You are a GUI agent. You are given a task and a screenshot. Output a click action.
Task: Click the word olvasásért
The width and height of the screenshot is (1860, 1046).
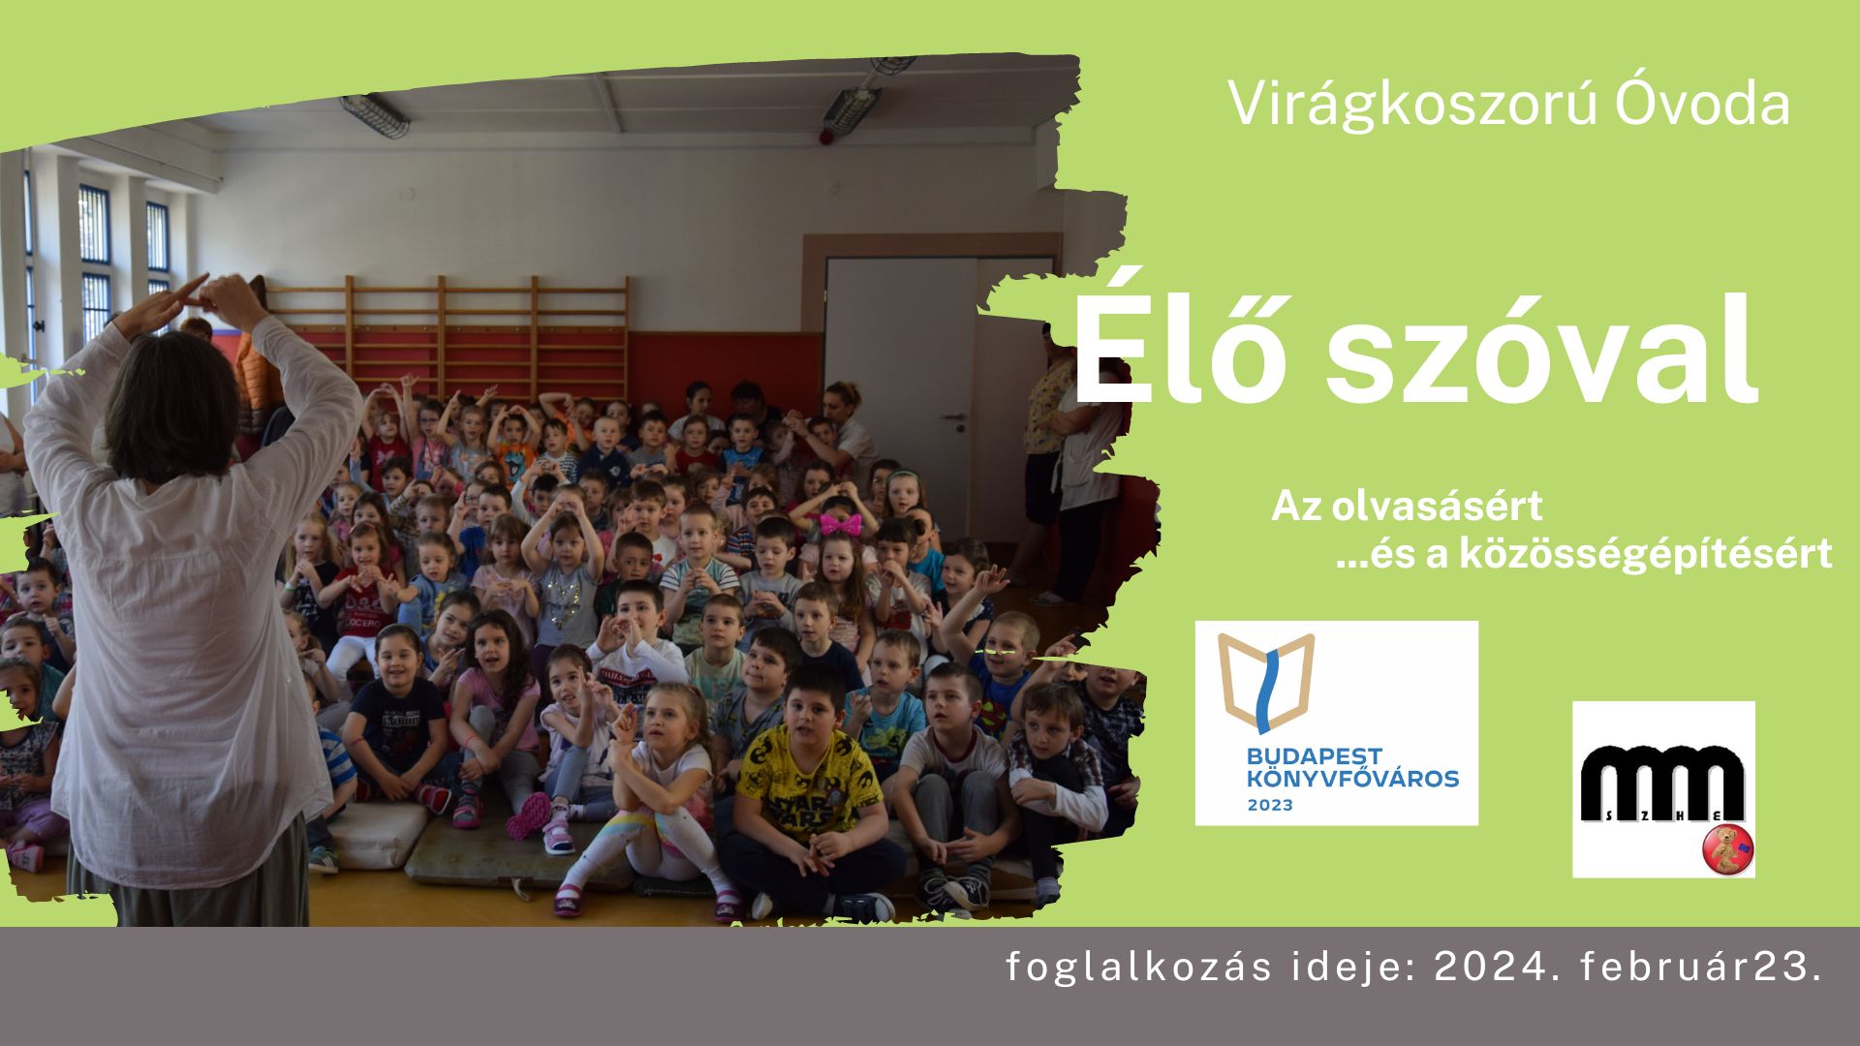pyautogui.click(x=1437, y=506)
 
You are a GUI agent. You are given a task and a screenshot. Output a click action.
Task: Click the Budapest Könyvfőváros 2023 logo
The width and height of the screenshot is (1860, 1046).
pyautogui.click(x=1337, y=723)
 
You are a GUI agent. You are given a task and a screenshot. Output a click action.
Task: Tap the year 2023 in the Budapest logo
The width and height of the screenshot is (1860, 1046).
pyautogui.click(x=1270, y=805)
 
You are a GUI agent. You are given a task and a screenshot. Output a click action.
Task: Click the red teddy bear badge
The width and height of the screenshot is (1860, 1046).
pyautogui.click(x=1728, y=850)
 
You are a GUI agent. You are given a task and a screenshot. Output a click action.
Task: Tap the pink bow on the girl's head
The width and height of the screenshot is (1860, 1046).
pyautogui.click(x=841, y=524)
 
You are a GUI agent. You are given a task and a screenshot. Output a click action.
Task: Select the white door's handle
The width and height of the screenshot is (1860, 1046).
pyautogui.click(x=954, y=416)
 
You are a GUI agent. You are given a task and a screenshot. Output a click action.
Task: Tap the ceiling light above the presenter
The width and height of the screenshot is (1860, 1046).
pyautogui.click(x=374, y=115)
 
